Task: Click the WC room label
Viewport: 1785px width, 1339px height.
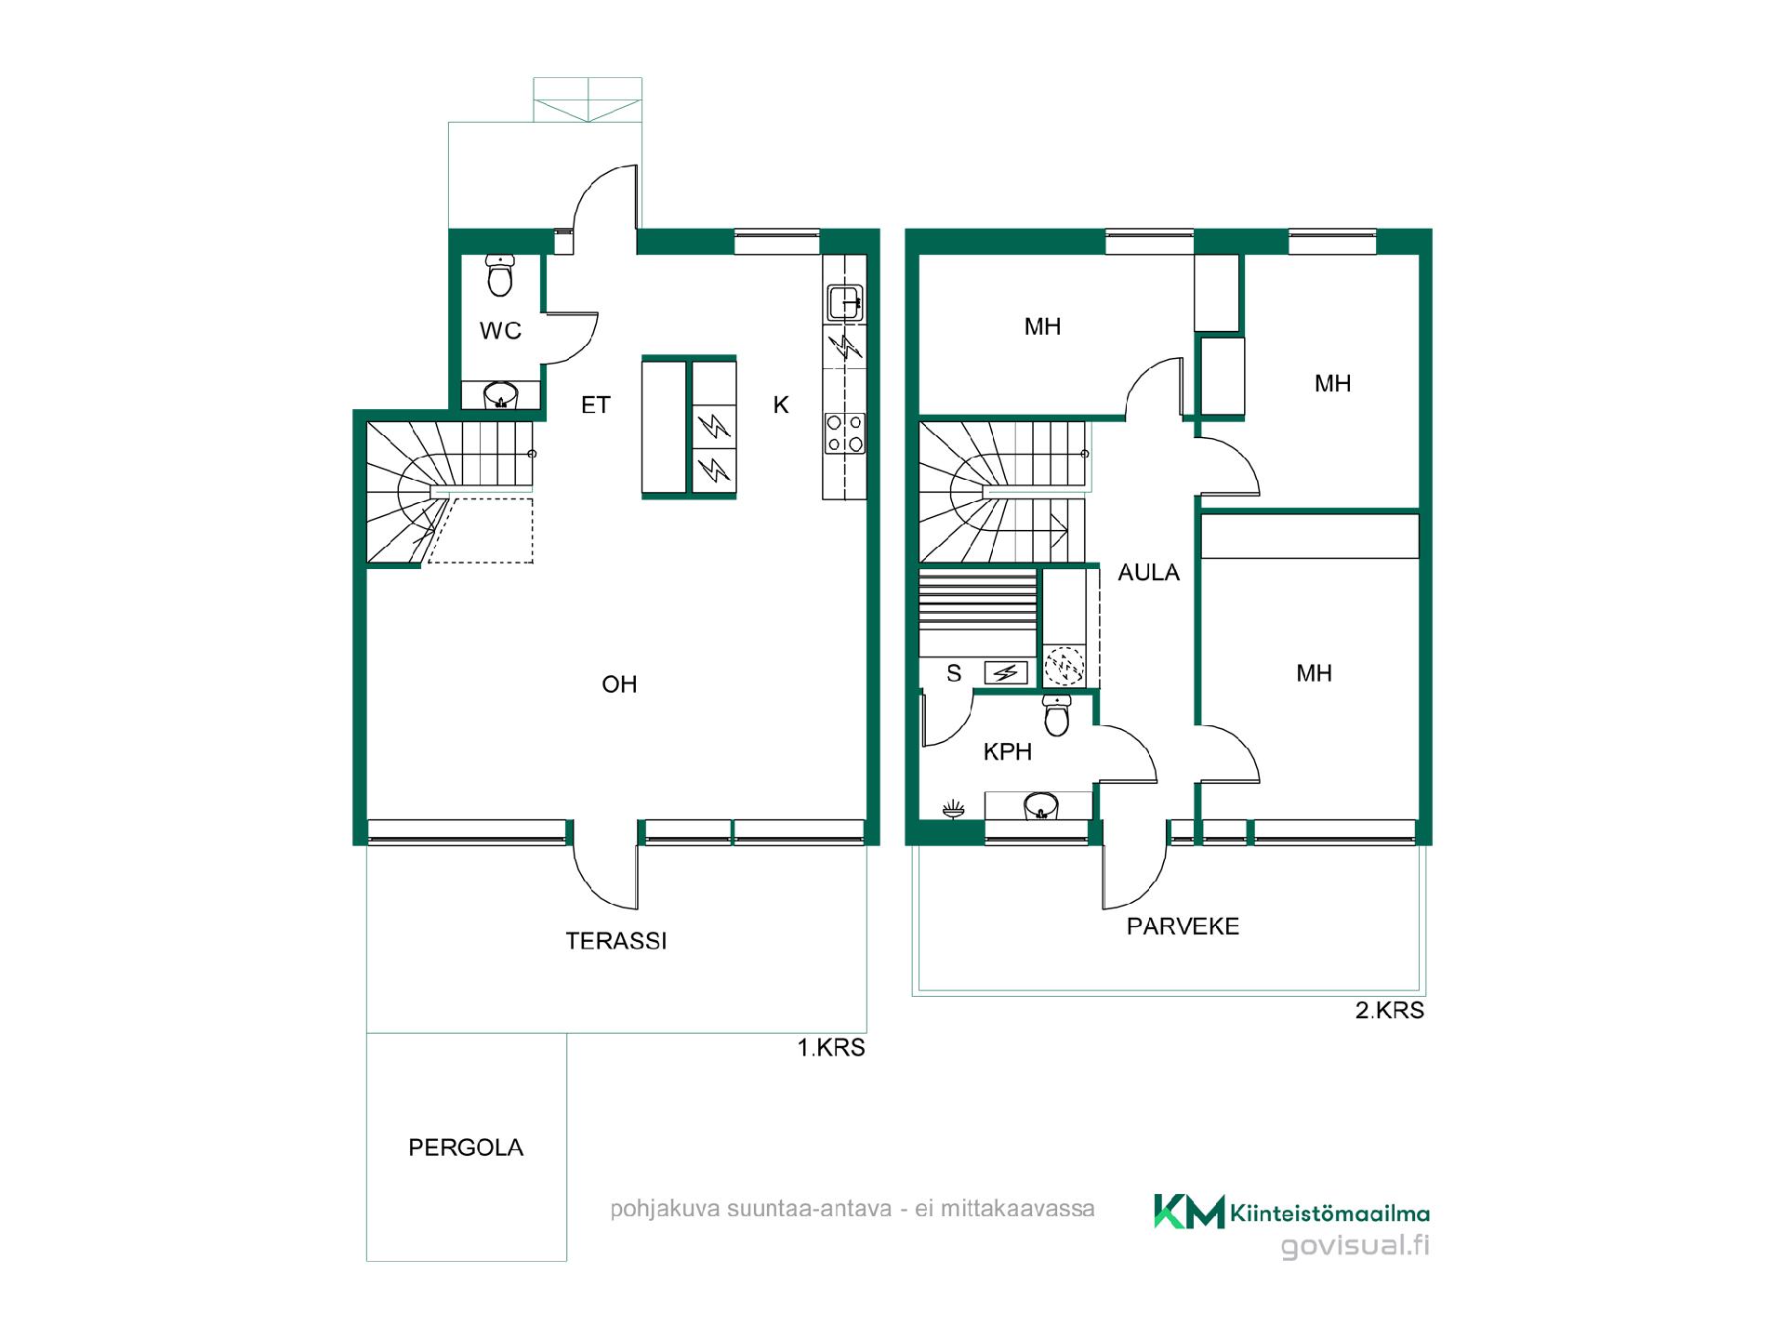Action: click(x=500, y=330)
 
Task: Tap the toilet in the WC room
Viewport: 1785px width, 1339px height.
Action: click(x=500, y=275)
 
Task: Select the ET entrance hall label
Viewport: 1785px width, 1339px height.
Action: click(x=595, y=404)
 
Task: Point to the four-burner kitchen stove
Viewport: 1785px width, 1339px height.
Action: click(x=845, y=434)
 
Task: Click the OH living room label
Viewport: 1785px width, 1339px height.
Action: click(x=619, y=684)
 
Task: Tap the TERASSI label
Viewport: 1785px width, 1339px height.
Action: click(x=616, y=941)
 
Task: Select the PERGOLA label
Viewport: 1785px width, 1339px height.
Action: click(x=466, y=1147)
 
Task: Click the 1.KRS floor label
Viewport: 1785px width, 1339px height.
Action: click(x=831, y=1048)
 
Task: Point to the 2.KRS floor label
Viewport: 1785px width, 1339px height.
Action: click(x=1390, y=1011)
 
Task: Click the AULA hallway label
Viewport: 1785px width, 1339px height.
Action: click(x=1148, y=573)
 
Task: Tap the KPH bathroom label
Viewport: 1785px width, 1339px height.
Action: click(x=1008, y=752)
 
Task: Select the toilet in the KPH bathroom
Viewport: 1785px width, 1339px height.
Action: click(x=1057, y=714)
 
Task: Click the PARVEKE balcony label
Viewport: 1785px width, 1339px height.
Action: click(x=1183, y=926)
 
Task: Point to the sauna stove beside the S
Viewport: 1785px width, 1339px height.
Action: click(x=1006, y=672)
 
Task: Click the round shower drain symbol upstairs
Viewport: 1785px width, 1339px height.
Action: click(x=1064, y=666)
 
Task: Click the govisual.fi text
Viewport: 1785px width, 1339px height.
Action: click(x=1355, y=1246)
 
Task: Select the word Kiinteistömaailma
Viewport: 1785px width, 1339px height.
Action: click(x=1329, y=1213)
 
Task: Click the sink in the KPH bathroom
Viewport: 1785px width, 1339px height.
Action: click(x=1040, y=805)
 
